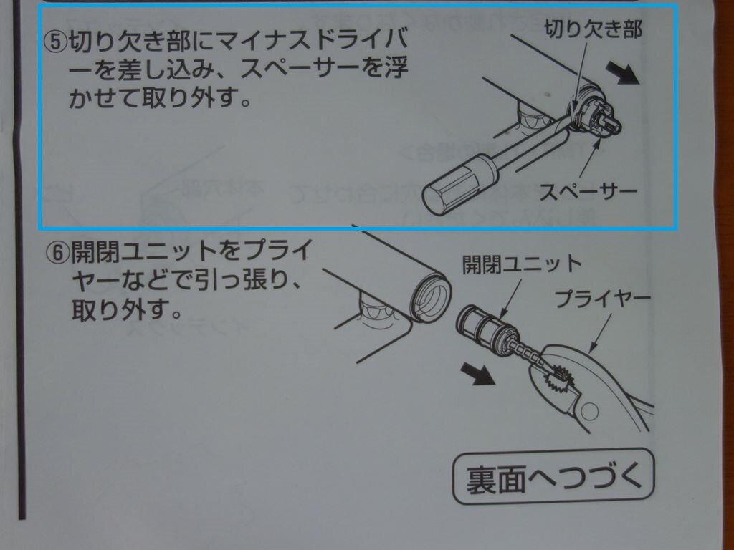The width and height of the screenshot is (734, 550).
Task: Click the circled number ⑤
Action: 56,42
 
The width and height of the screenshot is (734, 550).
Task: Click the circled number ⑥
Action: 57,253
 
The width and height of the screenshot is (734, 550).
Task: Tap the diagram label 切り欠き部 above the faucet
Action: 594,29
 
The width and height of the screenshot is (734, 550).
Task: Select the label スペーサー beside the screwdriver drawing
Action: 589,191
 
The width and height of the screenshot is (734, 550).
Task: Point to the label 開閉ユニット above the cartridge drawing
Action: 523,264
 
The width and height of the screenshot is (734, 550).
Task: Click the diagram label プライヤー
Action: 603,299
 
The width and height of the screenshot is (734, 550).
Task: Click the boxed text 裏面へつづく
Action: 554,478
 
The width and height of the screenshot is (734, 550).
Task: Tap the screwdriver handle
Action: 460,184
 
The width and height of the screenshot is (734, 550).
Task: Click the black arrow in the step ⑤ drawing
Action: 623,73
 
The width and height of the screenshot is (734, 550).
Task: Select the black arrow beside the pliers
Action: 477,373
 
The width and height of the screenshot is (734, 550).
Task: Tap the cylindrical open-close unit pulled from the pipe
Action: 487,327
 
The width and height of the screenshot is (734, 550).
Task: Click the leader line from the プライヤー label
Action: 600,333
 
